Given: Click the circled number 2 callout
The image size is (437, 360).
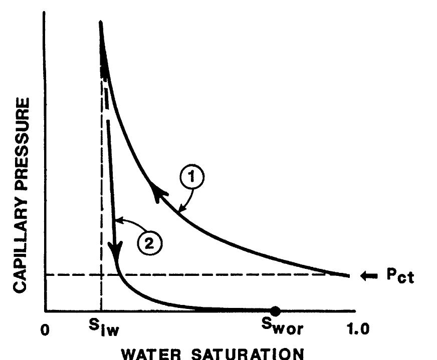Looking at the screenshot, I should pyautogui.click(x=149, y=244).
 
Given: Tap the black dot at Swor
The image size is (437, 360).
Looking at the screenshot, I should pyautogui.click(x=275, y=311).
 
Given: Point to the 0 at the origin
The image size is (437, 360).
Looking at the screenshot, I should pyautogui.click(x=46, y=330).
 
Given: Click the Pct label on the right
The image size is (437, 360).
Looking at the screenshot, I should pyautogui.click(x=400, y=276).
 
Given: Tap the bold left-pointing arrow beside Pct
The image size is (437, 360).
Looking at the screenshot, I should pyautogui.click(x=368, y=276).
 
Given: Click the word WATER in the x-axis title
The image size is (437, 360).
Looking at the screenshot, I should pyautogui.click(x=151, y=352).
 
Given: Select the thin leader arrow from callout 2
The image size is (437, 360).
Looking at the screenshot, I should pyautogui.click(x=125, y=222).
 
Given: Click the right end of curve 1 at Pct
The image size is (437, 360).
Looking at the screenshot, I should pyautogui.click(x=348, y=275).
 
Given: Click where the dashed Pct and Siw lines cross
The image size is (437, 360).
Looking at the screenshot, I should pyautogui.click(x=101, y=274).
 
